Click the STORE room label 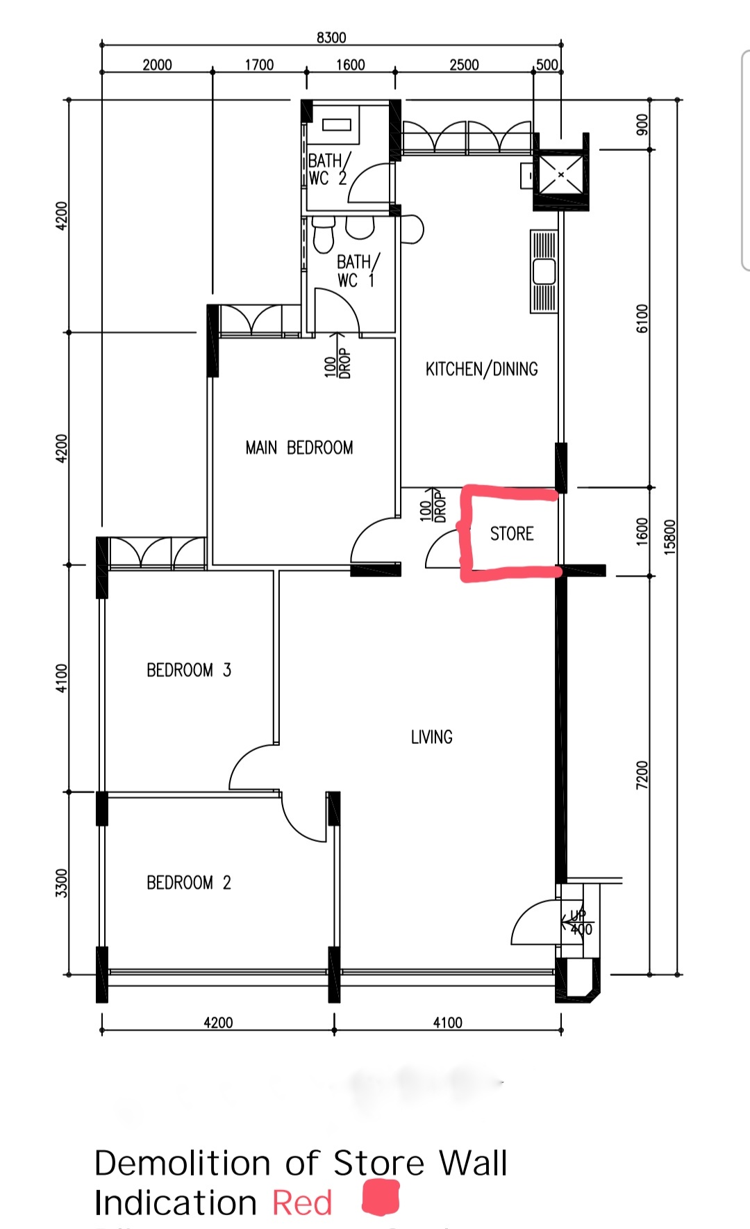[512, 534]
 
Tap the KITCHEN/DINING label [481, 369]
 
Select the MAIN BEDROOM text [299, 448]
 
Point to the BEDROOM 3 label [188, 670]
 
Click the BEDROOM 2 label [188, 883]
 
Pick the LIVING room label [431, 737]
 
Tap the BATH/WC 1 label [357, 271]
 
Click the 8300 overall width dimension [331, 38]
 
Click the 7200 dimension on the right [642, 774]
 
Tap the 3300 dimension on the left [62, 883]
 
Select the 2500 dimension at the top [464, 65]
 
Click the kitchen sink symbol [544, 271]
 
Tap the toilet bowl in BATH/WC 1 [324, 234]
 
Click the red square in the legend [381, 1198]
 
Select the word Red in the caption [302, 1203]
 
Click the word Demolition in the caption [182, 1163]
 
